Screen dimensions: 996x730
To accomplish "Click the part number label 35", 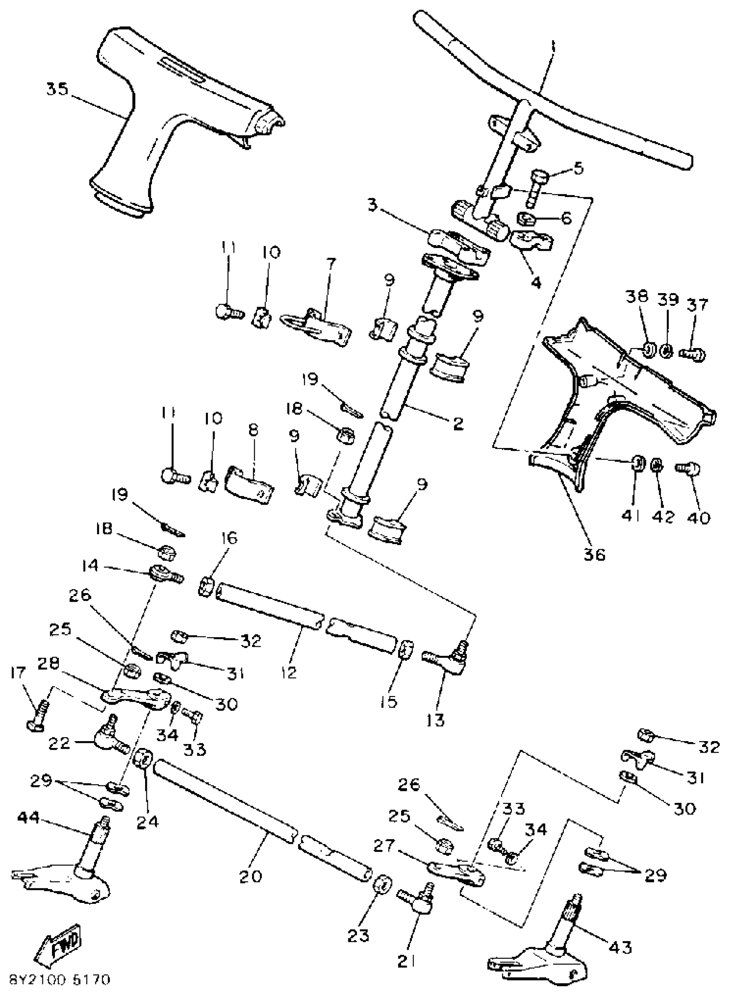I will click(58, 90).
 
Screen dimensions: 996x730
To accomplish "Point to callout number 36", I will click(594, 554).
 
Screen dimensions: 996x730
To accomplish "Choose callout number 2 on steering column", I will click(458, 424).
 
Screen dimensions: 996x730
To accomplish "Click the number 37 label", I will click(698, 305).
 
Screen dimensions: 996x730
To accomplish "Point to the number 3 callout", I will click(373, 205).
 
